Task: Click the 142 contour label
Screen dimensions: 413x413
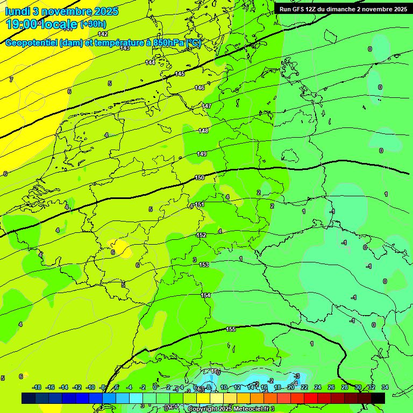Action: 103,34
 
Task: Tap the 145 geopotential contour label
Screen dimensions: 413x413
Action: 180,74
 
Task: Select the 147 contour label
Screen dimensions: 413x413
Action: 206,106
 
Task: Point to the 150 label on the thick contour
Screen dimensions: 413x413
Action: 200,177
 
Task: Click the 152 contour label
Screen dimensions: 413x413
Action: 201,235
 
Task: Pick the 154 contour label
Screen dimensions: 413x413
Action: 206,295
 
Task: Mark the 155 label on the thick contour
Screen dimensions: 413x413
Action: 231,329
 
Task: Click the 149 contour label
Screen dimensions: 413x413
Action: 202,154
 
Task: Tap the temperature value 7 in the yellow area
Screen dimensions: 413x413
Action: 11,80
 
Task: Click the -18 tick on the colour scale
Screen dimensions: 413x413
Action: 37,387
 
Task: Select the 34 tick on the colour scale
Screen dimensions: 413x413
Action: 384,387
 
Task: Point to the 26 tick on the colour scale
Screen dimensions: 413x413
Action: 331,387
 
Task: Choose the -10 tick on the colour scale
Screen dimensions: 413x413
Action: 90,387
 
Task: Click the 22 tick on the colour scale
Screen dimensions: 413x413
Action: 304,387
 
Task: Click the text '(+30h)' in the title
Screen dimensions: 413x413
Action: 93,24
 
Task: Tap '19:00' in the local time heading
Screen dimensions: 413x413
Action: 22,24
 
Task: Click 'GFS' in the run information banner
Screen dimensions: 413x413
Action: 302,9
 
